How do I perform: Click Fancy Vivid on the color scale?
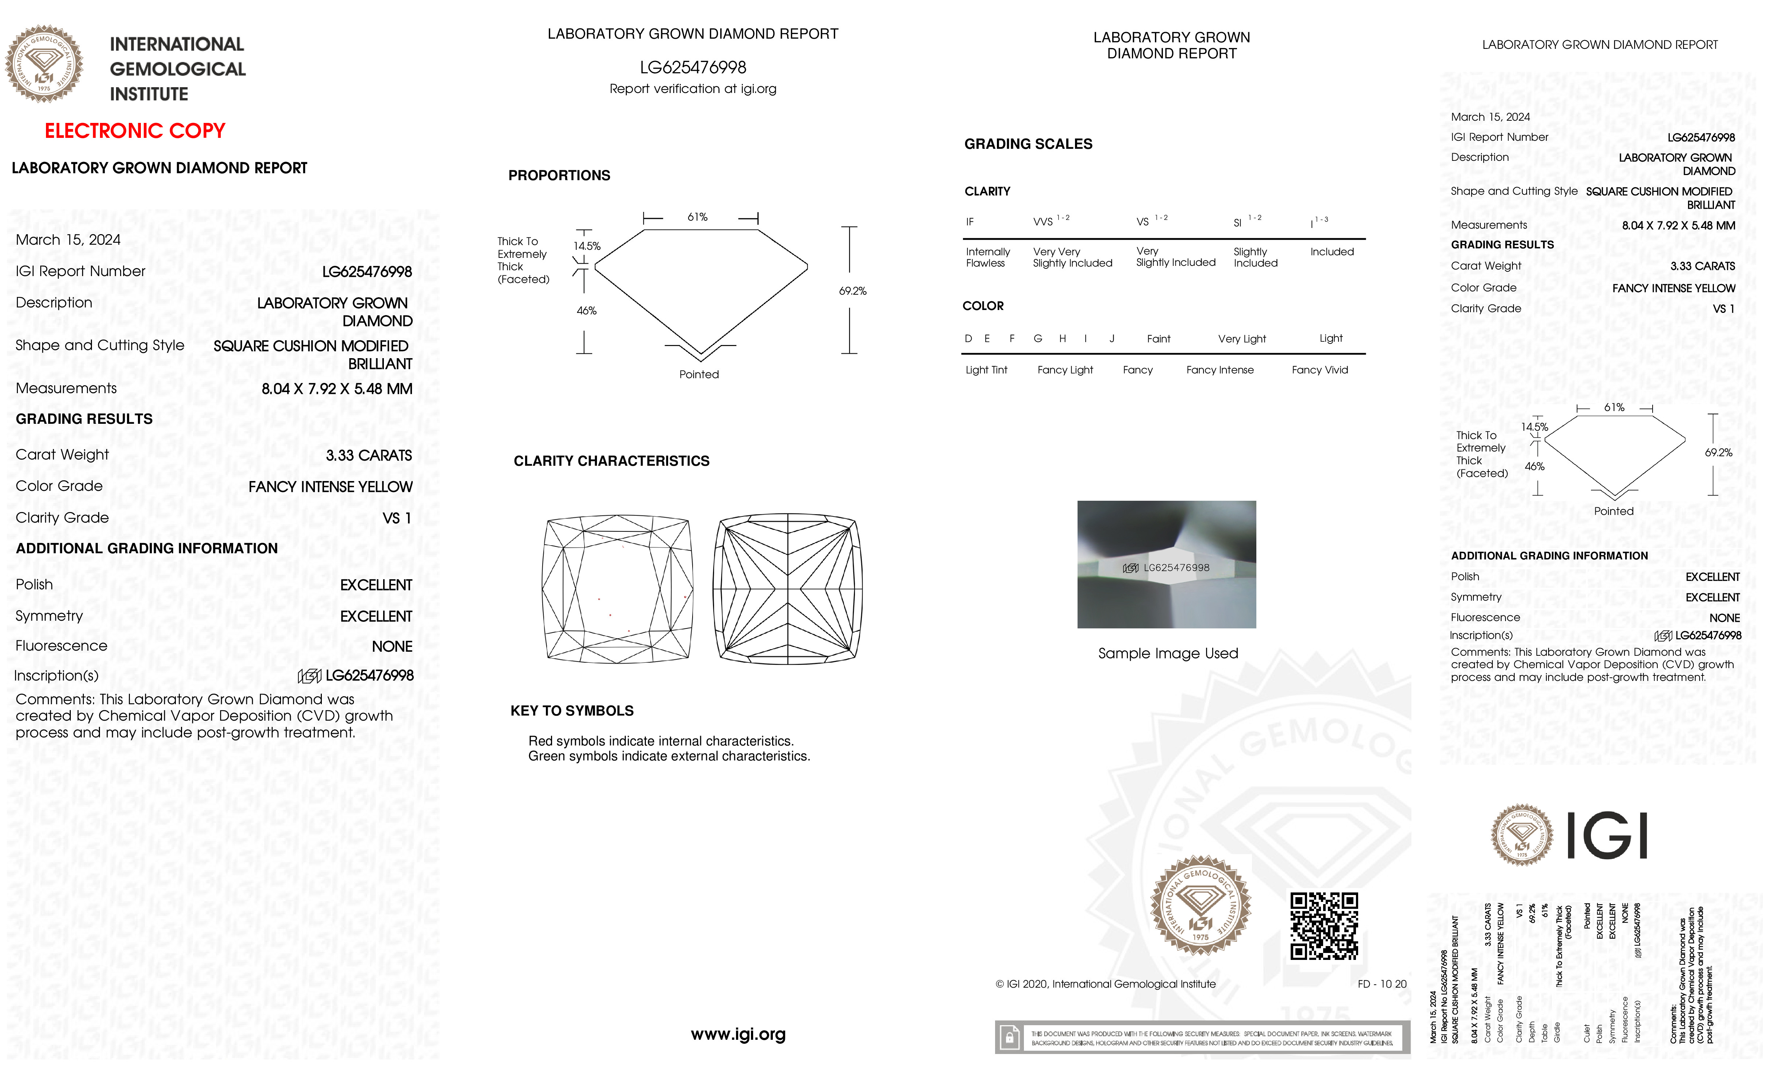point(1319,370)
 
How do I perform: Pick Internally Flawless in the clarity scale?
point(987,257)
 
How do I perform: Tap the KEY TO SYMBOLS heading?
point(572,711)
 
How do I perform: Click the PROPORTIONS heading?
point(559,175)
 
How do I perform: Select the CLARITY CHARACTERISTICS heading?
point(611,461)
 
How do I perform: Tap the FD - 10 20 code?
point(1382,984)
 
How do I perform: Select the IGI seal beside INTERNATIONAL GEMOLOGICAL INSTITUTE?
point(44,65)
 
